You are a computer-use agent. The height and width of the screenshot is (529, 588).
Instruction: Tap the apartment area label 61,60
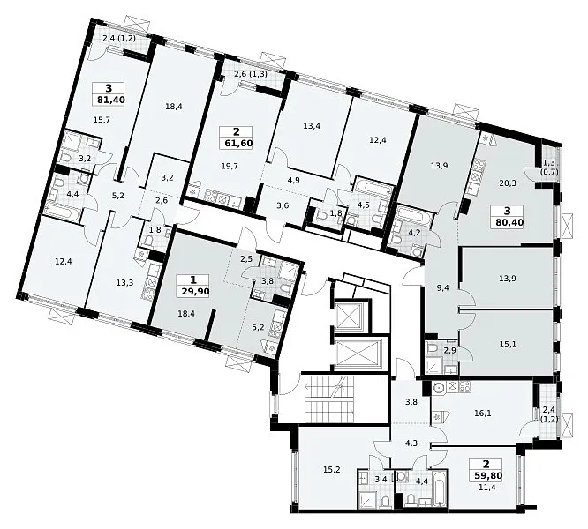point(237,144)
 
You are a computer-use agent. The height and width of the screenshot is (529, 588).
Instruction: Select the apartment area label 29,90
point(194,292)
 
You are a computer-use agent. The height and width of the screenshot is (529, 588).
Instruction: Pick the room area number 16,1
point(483,413)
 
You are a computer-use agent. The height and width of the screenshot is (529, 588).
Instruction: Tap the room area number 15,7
point(102,120)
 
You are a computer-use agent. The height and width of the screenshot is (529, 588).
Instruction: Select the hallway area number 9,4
point(443,288)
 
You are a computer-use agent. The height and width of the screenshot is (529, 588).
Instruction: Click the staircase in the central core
point(329,399)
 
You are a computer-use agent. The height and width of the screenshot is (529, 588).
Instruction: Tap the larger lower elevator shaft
point(357,354)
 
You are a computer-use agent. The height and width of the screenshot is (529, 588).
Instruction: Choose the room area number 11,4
point(488,487)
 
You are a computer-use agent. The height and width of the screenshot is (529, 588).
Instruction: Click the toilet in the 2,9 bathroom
point(432,347)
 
